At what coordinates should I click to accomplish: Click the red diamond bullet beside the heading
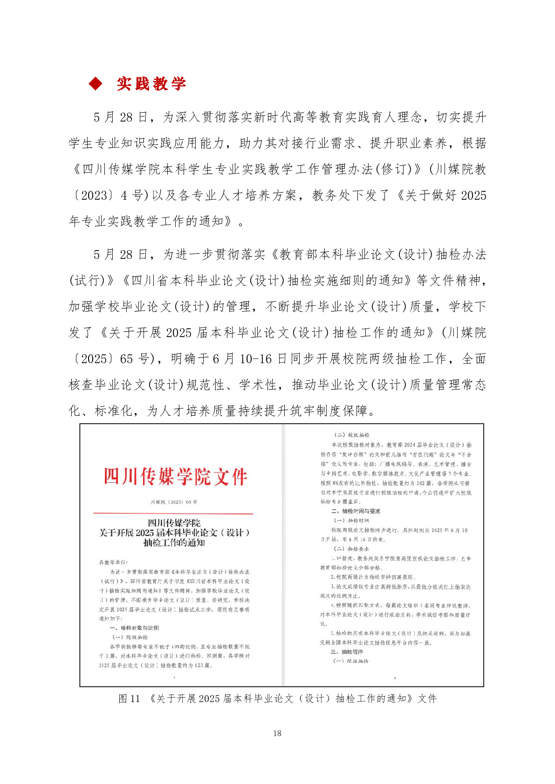tap(96, 84)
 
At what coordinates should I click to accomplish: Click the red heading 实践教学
tap(151, 84)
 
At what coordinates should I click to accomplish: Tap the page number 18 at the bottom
tap(277, 733)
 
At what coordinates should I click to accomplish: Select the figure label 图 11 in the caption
tap(129, 698)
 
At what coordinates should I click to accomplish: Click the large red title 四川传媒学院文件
tap(175, 477)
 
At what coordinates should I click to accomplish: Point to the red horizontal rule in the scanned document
tap(173, 514)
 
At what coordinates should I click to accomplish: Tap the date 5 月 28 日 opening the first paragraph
tap(120, 117)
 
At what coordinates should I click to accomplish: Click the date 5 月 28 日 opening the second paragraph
tap(120, 255)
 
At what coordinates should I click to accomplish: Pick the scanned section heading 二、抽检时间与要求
tap(356, 511)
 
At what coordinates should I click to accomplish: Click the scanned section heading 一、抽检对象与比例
tap(134, 628)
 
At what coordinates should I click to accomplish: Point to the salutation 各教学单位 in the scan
tap(113, 562)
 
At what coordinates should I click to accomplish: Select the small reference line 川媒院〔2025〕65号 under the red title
tap(174, 502)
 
